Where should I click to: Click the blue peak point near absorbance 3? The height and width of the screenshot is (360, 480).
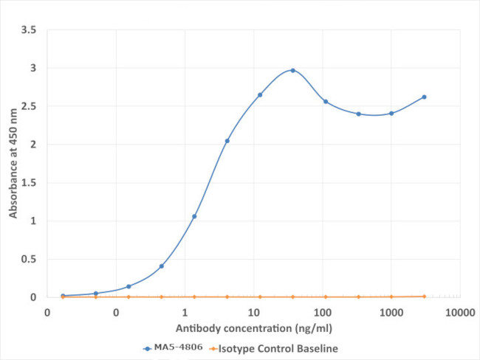(292, 70)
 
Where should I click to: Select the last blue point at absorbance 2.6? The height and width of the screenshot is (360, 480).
(424, 97)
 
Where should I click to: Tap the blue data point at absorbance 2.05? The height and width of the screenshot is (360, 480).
(227, 141)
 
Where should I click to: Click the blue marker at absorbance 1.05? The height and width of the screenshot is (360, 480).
(194, 216)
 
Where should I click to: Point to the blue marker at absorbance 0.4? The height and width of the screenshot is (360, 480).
(161, 266)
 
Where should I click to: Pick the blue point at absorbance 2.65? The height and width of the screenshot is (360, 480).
(260, 94)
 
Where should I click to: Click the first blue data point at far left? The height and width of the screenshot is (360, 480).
(63, 295)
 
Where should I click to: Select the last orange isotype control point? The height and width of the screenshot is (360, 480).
(424, 296)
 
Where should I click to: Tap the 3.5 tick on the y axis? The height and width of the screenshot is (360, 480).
(30, 30)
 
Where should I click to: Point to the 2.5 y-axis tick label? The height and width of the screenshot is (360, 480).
(30, 106)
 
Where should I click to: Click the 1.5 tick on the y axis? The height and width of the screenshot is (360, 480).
(30, 183)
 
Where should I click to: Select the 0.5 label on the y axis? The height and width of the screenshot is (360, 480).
(30, 259)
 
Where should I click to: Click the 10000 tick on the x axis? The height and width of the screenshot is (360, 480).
(459, 312)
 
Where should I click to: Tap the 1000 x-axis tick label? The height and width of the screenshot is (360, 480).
(391, 312)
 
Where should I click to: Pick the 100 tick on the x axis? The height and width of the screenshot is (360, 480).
(323, 312)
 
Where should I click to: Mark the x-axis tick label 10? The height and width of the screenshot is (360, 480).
(254, 312)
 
